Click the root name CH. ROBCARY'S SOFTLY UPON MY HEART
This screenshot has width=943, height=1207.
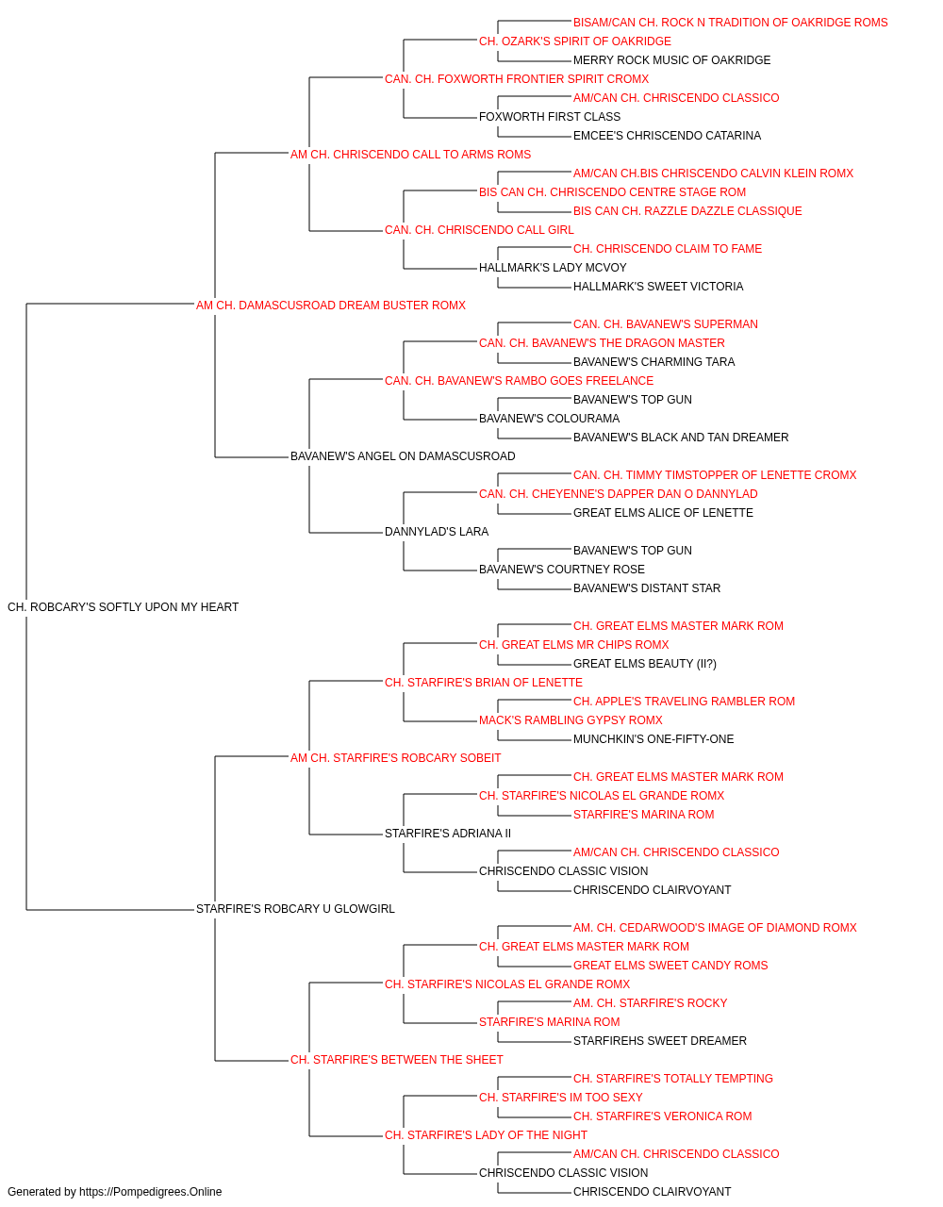click(123, 607)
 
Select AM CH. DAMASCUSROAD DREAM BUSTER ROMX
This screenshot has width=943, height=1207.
click(330, 306)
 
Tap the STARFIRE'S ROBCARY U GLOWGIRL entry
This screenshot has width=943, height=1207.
click(295, 909)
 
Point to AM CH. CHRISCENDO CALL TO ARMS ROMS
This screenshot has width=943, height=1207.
click(410, 155)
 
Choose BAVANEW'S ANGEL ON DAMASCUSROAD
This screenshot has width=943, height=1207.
click(403, 456)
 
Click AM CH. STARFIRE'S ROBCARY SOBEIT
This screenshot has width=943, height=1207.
click(395, 757)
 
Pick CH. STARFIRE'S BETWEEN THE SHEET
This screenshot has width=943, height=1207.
click(396, 1059)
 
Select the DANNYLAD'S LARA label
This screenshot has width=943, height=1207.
click(437, 532)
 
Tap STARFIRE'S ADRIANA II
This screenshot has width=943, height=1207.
click(448, 834)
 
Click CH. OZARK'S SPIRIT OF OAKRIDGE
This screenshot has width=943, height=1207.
click(575, 41)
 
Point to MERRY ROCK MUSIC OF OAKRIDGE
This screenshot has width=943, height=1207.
click(671, 60)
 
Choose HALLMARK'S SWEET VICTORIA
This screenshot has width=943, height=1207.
click(658, 286)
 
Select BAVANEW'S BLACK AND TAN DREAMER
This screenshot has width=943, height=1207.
click(681, 438)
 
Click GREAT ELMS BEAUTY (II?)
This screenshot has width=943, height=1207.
click(645, 663)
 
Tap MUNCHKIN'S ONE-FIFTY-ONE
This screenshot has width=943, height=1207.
click(653, 738)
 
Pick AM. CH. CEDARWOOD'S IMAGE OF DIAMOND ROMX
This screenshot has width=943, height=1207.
click(715, 928)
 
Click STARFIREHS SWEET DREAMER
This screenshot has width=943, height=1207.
click(660, 1040)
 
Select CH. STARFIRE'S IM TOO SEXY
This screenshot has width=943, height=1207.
click(560, 1097)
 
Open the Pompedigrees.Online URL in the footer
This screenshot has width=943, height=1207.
click(150, 1192)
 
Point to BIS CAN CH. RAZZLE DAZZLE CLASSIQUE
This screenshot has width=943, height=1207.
click(687, 211)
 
